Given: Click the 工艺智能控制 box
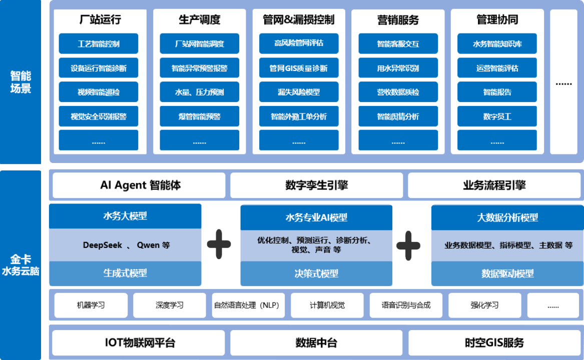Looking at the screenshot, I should (x=99, y=44).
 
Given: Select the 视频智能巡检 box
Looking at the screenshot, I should (x=99, y=92).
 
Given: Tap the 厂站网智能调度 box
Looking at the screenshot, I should (x=199, y=44).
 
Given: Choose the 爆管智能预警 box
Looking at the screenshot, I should (x=199, y=116).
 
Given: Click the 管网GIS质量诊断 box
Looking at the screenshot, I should (x=299, y=68).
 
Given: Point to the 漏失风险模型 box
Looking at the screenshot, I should (x=299, y=92).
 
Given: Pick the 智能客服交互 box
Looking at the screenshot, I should (x=398, y=44).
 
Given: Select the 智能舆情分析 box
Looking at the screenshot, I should (x=398, y=116).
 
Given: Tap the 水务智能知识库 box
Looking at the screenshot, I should (x=497, y=44).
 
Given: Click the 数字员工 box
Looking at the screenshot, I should (x=497, y=116).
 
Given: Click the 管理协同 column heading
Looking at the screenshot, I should (x=497, y=20).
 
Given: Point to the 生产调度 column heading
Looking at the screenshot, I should (x=199, y=20).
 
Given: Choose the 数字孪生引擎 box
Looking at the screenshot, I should (x=317, y=185).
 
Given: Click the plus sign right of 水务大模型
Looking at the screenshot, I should (x=219, y=244).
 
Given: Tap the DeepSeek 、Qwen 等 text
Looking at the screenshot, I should (x=126, y=245).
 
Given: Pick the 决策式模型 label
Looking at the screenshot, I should (x=316, y=274).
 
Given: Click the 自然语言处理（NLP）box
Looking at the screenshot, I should (x=248, y=305).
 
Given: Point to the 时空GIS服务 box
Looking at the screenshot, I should (x=494, y=343).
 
